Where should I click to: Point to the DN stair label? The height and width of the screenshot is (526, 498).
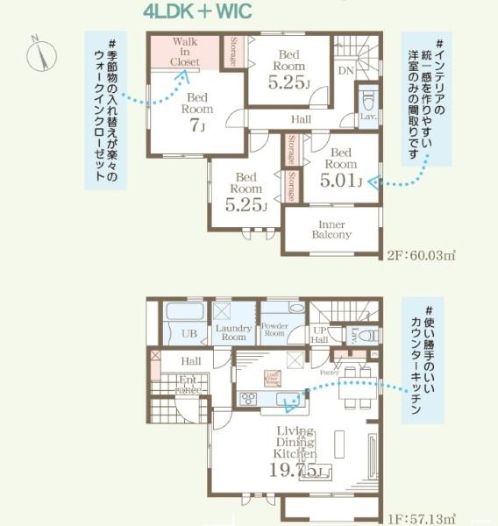pos(345,69)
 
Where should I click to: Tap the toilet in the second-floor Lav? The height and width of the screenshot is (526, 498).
pos(367,97)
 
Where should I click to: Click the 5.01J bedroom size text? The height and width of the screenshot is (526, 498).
pos(341,181)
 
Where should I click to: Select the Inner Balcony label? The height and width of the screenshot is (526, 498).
pos(331,229)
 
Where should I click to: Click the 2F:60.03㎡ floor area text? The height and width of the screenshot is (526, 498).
pos(421,256)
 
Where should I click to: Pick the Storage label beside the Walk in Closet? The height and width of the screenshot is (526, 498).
pos(232,52)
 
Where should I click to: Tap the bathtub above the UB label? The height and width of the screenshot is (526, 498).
pos(184,312)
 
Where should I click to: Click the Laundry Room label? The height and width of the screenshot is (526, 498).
pos(233,331)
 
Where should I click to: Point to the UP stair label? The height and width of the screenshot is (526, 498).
pos(320,333)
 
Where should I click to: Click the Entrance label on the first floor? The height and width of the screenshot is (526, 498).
pos(188,384)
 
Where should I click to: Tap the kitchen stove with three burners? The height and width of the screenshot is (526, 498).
pos(248,400)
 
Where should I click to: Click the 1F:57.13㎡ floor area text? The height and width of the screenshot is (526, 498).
pos(421,519)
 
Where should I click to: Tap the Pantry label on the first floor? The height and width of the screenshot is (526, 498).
pos(329,373)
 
